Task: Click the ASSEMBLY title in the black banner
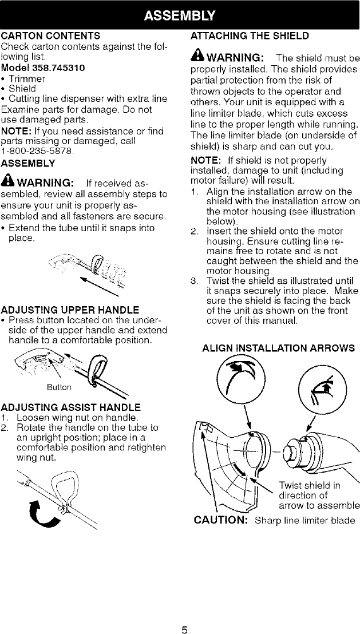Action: tap(180, 14)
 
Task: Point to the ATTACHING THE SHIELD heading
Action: tap(249, 35)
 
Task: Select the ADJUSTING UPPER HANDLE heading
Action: tap(70, 310)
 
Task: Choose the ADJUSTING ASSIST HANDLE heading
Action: tap(71, 407)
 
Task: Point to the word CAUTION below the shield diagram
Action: tap(223, 520)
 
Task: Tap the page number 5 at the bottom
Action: tap(184, 615)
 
